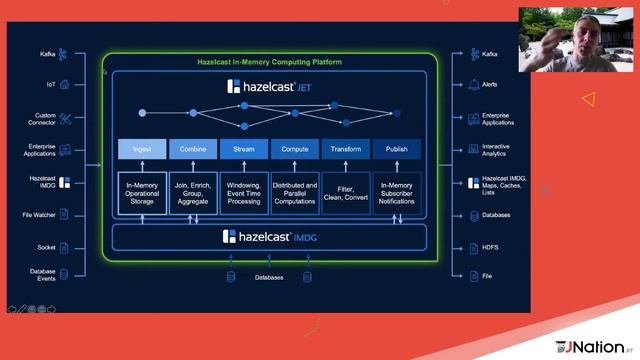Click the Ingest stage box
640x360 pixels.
pyautogui.click(x=143, y=149)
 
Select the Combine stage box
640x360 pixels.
pyautogui.click(x=193, y=149)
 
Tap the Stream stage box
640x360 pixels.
pyautogui.click(x=244, y=149)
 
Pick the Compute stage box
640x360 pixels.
pyautogui.click(x=295, y=149)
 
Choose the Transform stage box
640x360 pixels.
pyautogui.click(x=346, y=149)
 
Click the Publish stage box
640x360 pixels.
pyautogui.click(x=397, y=149)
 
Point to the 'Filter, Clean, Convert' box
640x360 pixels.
pyautogui.click(x=346, y=192)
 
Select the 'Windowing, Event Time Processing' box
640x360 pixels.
pyautogui.click(x=244, y=192)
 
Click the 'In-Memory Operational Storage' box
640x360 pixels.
pyautogui.click(x=143, y=192)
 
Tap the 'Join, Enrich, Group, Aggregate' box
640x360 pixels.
pyautogui.click(x=193, y=192)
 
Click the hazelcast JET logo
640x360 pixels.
pyautogui.click(x=270, y=87)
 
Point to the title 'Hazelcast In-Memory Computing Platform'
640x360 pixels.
pyautogui.click(x=269, y=62)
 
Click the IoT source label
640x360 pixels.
pyautogui.click(x=50, y=85)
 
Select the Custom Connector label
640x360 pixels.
pyautogui.click(x=45, y=120)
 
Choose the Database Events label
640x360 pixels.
pyautogui.click(x=43, y=275)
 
